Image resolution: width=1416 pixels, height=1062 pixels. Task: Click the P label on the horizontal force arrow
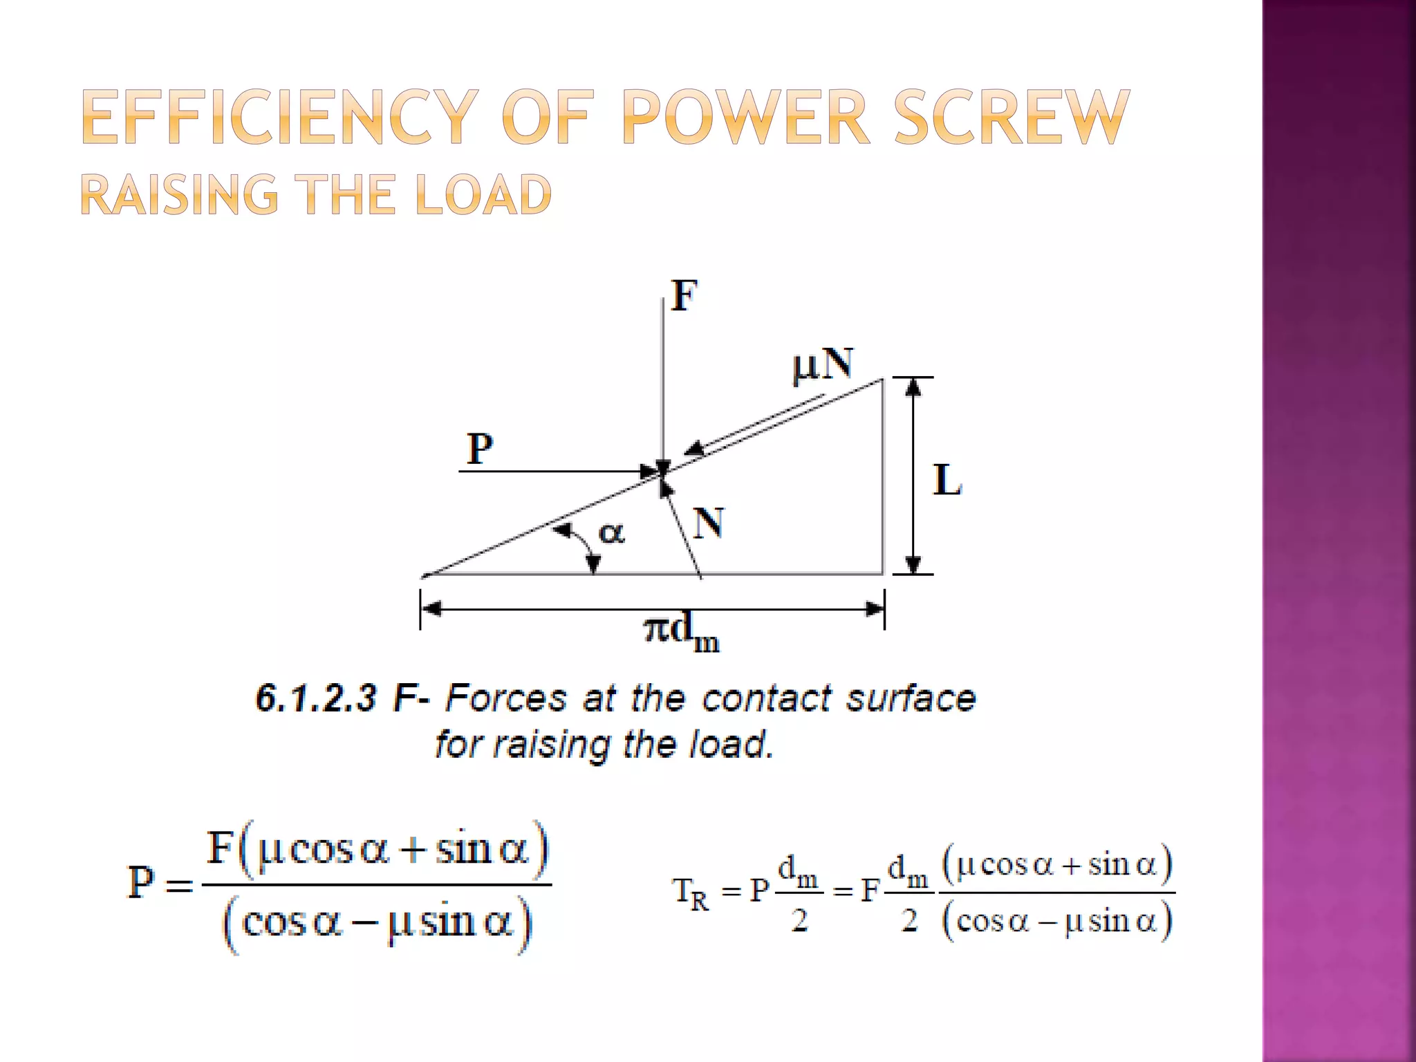click(x=480, y=449)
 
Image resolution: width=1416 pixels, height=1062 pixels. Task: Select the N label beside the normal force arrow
click(x=709, y=523)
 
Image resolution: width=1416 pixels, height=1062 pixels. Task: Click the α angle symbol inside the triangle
click(x=611, y=533)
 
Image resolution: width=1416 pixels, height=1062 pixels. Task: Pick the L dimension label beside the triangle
click(x=947, y=480)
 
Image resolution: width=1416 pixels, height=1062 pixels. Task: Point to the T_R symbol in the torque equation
click(x=691, y=893)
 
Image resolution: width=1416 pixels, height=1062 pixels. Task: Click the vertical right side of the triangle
click(x=882, y=477)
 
